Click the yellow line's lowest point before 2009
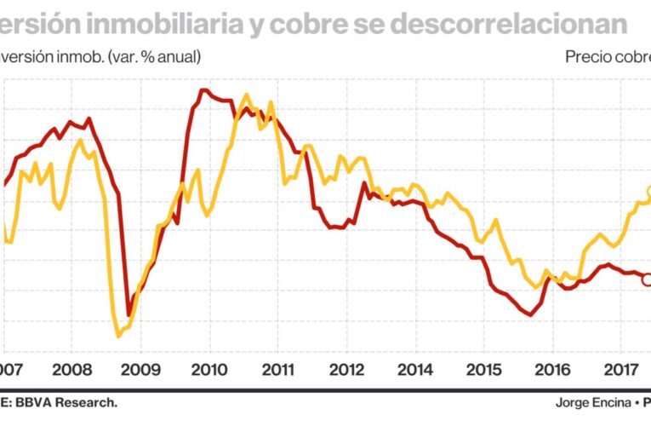coord(118,336)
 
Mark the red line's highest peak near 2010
coord(203,89)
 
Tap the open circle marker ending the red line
coord(646,279)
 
